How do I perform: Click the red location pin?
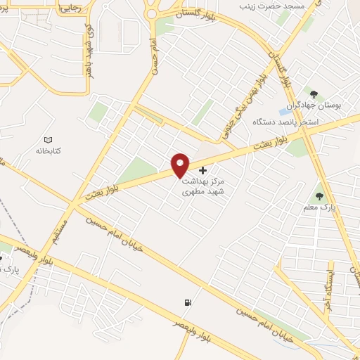click(x=181, y=165)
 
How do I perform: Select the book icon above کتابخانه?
click(x=49, y=140)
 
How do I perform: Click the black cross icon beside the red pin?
click(x=203, y=170)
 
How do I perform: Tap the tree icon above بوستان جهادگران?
click(x=314, y=94)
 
